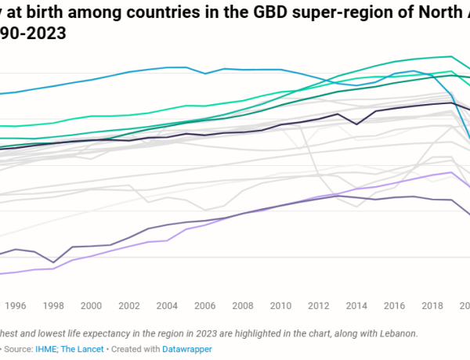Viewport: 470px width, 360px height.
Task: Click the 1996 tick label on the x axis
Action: (x=16, y=306)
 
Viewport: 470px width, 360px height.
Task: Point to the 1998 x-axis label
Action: (x=53, y=306)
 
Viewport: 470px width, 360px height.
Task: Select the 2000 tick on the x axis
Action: (x=92, y=306)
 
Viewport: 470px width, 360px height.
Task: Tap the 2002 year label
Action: (x=129, y=306)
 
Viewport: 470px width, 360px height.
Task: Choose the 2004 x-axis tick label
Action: (x=167, y=306)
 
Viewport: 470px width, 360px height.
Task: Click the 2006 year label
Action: (x=205, y=306)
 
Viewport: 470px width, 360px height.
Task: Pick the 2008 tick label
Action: (x=243, y=306)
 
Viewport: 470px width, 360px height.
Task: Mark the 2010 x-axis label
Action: (x=280, y=306)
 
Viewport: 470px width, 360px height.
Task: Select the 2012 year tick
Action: (x=319, y=306)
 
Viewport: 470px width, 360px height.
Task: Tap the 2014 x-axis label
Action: (x=356, y=306)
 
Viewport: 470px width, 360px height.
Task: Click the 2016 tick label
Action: (x=394, y=306)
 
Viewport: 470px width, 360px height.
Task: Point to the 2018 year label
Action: (x=432, y=306)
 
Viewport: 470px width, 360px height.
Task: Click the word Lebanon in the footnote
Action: (x=396, y=333)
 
